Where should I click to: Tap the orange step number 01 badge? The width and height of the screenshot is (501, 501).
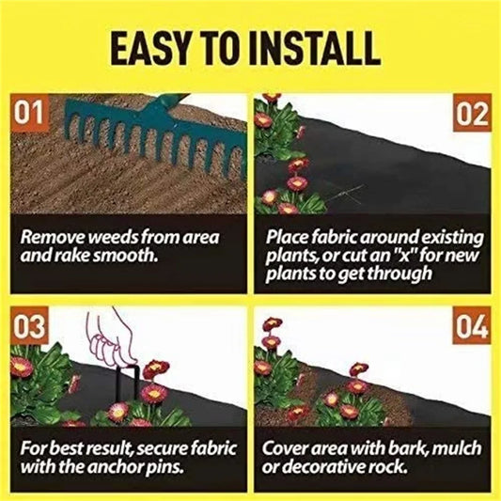pos(29,115)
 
